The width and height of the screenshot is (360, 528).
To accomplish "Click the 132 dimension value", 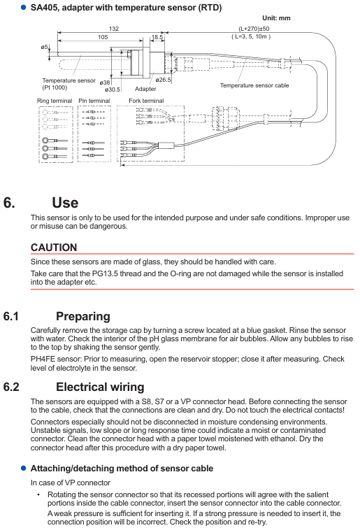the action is pos(114,29).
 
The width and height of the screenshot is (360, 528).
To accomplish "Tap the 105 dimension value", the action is pos(103,37).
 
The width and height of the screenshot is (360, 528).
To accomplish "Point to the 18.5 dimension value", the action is pos(157,37).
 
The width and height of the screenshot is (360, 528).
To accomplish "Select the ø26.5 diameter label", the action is pos(163,80).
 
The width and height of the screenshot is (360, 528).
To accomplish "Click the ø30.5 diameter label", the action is pos(113,90).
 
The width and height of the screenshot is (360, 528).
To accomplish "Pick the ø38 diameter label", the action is pos(105,83).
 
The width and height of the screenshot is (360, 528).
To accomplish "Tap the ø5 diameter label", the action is pos(45,47).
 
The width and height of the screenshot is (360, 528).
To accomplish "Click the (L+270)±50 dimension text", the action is pos(254,29).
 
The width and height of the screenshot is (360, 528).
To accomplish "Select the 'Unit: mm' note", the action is pos(276,18).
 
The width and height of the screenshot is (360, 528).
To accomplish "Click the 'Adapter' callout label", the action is pos(145,89).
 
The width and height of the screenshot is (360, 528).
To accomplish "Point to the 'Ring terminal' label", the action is pos(55,101).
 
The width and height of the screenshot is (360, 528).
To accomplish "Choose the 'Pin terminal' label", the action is pos(94,101).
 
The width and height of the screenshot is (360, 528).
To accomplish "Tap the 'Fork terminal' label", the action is pos(146,101).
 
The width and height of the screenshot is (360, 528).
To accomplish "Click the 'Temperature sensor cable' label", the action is pos(254,85).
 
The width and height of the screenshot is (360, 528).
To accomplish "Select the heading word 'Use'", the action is pos(65,203).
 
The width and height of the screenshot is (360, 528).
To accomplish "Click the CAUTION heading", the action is pos(54,248).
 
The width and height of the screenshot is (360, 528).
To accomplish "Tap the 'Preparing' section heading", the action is pos(83,317).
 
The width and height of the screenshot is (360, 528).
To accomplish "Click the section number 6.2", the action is pos(11,387).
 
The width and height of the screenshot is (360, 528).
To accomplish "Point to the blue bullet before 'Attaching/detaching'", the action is pos(24,468).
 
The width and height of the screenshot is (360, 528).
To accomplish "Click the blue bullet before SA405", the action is pos(24,7).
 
